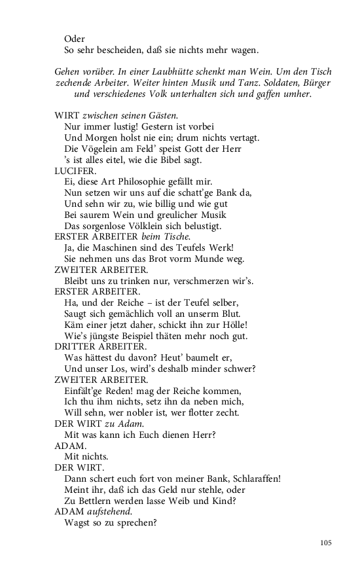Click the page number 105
(327, 542)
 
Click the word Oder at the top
(75, 39)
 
